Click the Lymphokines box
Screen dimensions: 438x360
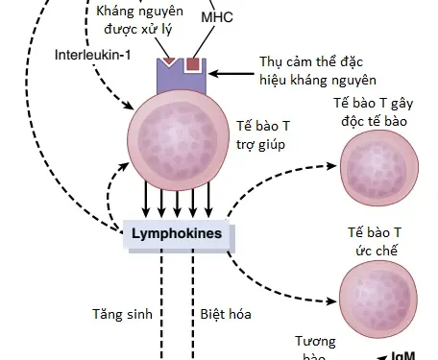[176, 233]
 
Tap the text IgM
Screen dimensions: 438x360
[402, 355]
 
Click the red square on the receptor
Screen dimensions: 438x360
[194, 65]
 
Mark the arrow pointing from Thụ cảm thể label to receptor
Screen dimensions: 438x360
[231, 74]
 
